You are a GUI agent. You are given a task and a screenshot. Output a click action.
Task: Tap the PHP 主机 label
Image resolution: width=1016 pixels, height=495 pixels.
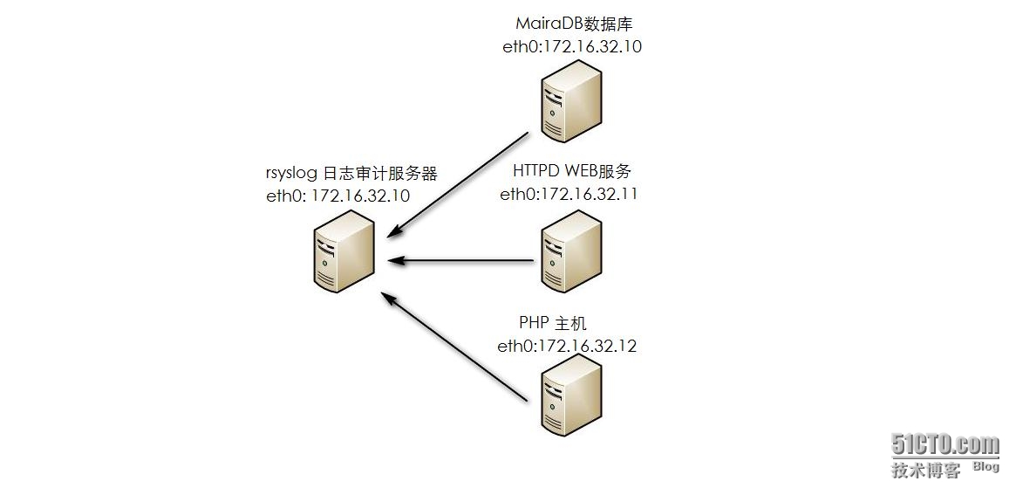[x=553, y=324]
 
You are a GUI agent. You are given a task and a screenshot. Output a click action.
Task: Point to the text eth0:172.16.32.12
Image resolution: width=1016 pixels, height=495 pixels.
[x=567, y=346]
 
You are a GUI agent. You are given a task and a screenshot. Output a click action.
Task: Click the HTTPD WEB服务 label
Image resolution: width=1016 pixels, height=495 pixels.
[x=571, y=171]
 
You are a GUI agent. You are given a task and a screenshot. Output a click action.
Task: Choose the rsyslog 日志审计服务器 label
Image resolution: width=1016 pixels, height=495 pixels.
[x=351, y=174]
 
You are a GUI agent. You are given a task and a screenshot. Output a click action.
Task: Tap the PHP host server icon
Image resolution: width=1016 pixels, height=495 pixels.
[x=571, y=397]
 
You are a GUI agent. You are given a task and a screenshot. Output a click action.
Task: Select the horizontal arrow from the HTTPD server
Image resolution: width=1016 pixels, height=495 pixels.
[x=460, y=260]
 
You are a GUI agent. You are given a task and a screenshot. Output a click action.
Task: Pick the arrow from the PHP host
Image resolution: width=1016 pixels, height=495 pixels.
[x=455, y=347]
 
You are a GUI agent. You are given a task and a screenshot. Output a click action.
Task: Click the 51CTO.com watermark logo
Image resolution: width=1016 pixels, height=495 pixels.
[x=944, y=444]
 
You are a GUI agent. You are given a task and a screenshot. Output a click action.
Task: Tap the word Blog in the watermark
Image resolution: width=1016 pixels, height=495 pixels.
[x=985, y=466]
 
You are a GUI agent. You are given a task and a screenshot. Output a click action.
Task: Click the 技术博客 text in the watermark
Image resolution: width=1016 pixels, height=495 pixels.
[x=925, y=470]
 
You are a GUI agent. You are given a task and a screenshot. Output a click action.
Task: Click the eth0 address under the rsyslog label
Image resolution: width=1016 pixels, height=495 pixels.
[x=338, y=196]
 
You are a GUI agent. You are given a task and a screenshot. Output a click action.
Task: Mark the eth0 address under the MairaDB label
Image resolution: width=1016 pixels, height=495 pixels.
[x=571, y=47]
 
